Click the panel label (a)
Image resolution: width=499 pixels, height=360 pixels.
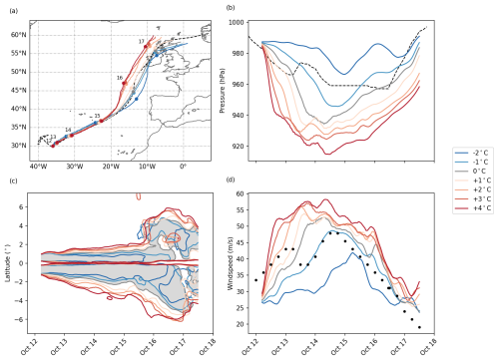[13, 7]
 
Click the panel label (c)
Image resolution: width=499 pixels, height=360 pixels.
[13, 180]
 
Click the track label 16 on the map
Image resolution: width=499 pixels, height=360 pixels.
[120, 78]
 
